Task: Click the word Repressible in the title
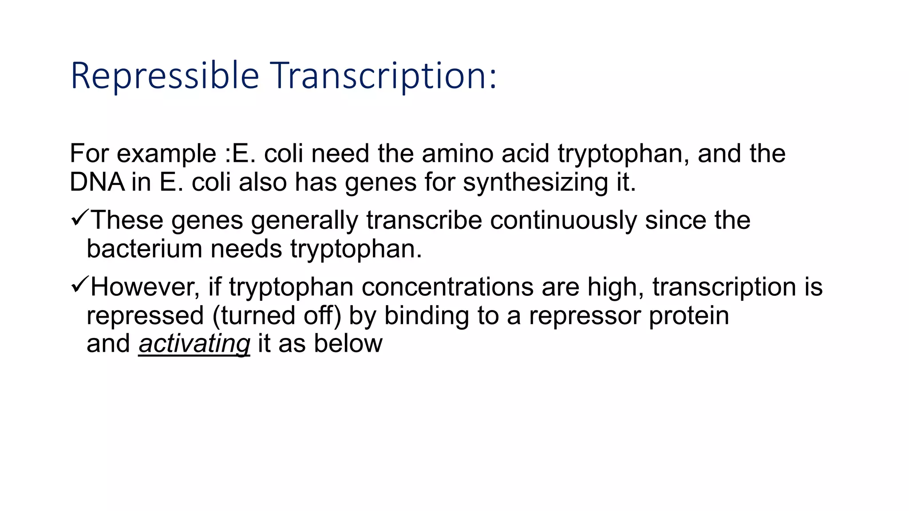point(165,76)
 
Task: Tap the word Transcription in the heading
point(384,76)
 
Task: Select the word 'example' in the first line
point(166,154)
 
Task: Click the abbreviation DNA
point(97,182)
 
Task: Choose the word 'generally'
point(304,221)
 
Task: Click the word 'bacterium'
point(144,249)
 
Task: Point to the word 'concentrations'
point(447,287)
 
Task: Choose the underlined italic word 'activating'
point(194,344)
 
